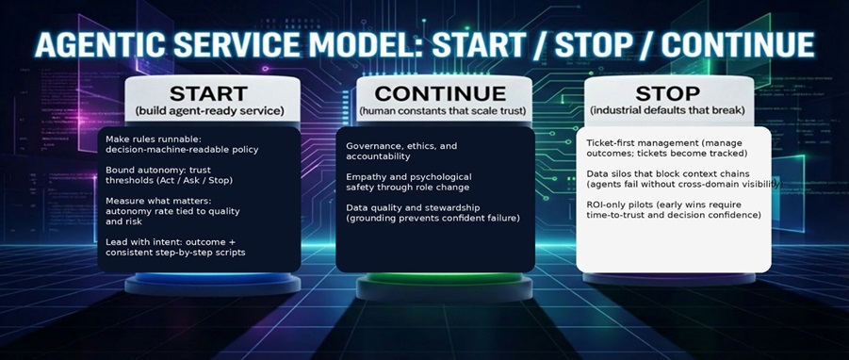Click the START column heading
tap(208, 94)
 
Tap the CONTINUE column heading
tap(440, 94)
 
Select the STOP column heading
tap(667, 94)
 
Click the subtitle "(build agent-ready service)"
tap(209, 112)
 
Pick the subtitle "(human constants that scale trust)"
tap(440, 112)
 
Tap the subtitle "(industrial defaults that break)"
tap(667, 112)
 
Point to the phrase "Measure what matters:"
tap(157, 201)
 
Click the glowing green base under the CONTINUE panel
tap(440, 282)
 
